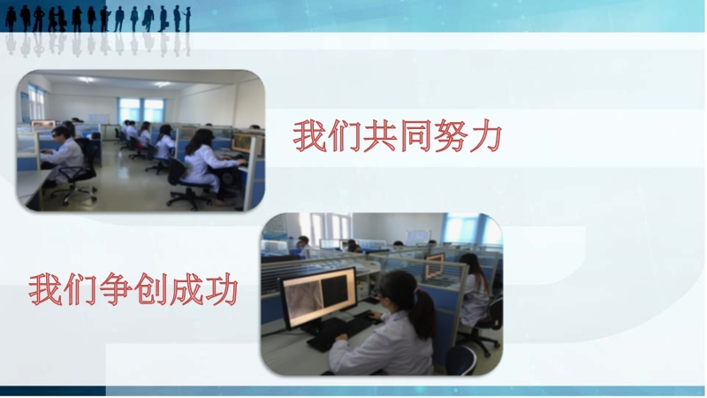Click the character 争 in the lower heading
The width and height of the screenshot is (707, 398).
pos(116,289)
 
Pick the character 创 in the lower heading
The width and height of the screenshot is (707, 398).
pos(150,289)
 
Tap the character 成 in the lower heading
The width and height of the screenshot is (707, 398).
pos(186,289)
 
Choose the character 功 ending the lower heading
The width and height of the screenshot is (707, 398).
pos(222,289)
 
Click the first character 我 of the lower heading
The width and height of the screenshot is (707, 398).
pos(45,289)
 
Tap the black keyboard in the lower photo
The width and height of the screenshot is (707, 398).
pos(343,332)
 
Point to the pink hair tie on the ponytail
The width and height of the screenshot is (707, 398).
pos(417,293)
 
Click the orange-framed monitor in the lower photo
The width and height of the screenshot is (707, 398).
pos(435,265)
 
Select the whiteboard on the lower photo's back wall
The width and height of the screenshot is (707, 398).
pos(417,237)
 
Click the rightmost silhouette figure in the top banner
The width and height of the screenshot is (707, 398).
pos(187,19)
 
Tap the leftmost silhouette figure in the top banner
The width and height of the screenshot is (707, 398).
pos(11,19)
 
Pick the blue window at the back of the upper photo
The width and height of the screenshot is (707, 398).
pos(141,110)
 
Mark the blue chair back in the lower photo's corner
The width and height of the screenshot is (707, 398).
pos(460,360)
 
